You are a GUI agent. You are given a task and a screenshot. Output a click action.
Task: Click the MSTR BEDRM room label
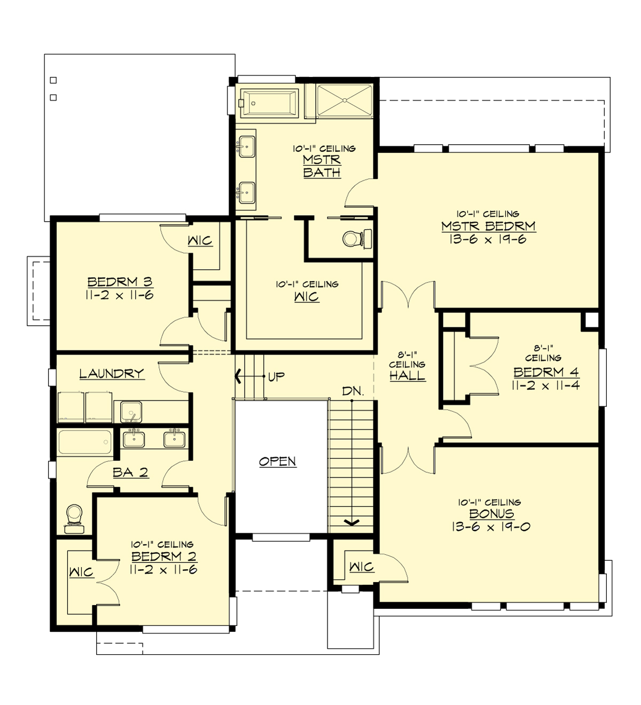coord(488,226)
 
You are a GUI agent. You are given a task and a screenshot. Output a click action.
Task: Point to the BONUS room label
coord(491,514)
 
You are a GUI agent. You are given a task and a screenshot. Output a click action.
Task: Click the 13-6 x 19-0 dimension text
coord(491,527)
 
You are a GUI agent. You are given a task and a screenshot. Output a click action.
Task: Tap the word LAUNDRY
coord(112,373)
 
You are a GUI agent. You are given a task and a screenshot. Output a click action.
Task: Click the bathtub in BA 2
coord(85,443)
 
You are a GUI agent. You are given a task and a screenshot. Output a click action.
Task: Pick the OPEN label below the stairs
coord(277,461)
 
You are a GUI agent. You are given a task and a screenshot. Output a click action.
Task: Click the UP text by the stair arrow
coord(276,377)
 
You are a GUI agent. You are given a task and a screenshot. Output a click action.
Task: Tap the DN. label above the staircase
coord(353,391)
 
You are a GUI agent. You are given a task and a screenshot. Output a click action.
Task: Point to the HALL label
coord(407,376)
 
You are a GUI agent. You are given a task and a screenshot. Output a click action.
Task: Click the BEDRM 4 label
coord(546,372)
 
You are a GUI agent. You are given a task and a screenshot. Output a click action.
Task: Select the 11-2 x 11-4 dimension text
coord(546,385)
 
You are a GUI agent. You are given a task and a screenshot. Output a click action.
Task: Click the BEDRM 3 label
coord(120,281)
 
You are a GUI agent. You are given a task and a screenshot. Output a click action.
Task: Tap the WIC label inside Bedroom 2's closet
coord(81,573)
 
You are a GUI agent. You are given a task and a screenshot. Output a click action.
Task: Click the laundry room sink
coord(131,412)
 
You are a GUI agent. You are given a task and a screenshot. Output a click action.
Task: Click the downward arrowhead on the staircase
coord(351,522)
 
